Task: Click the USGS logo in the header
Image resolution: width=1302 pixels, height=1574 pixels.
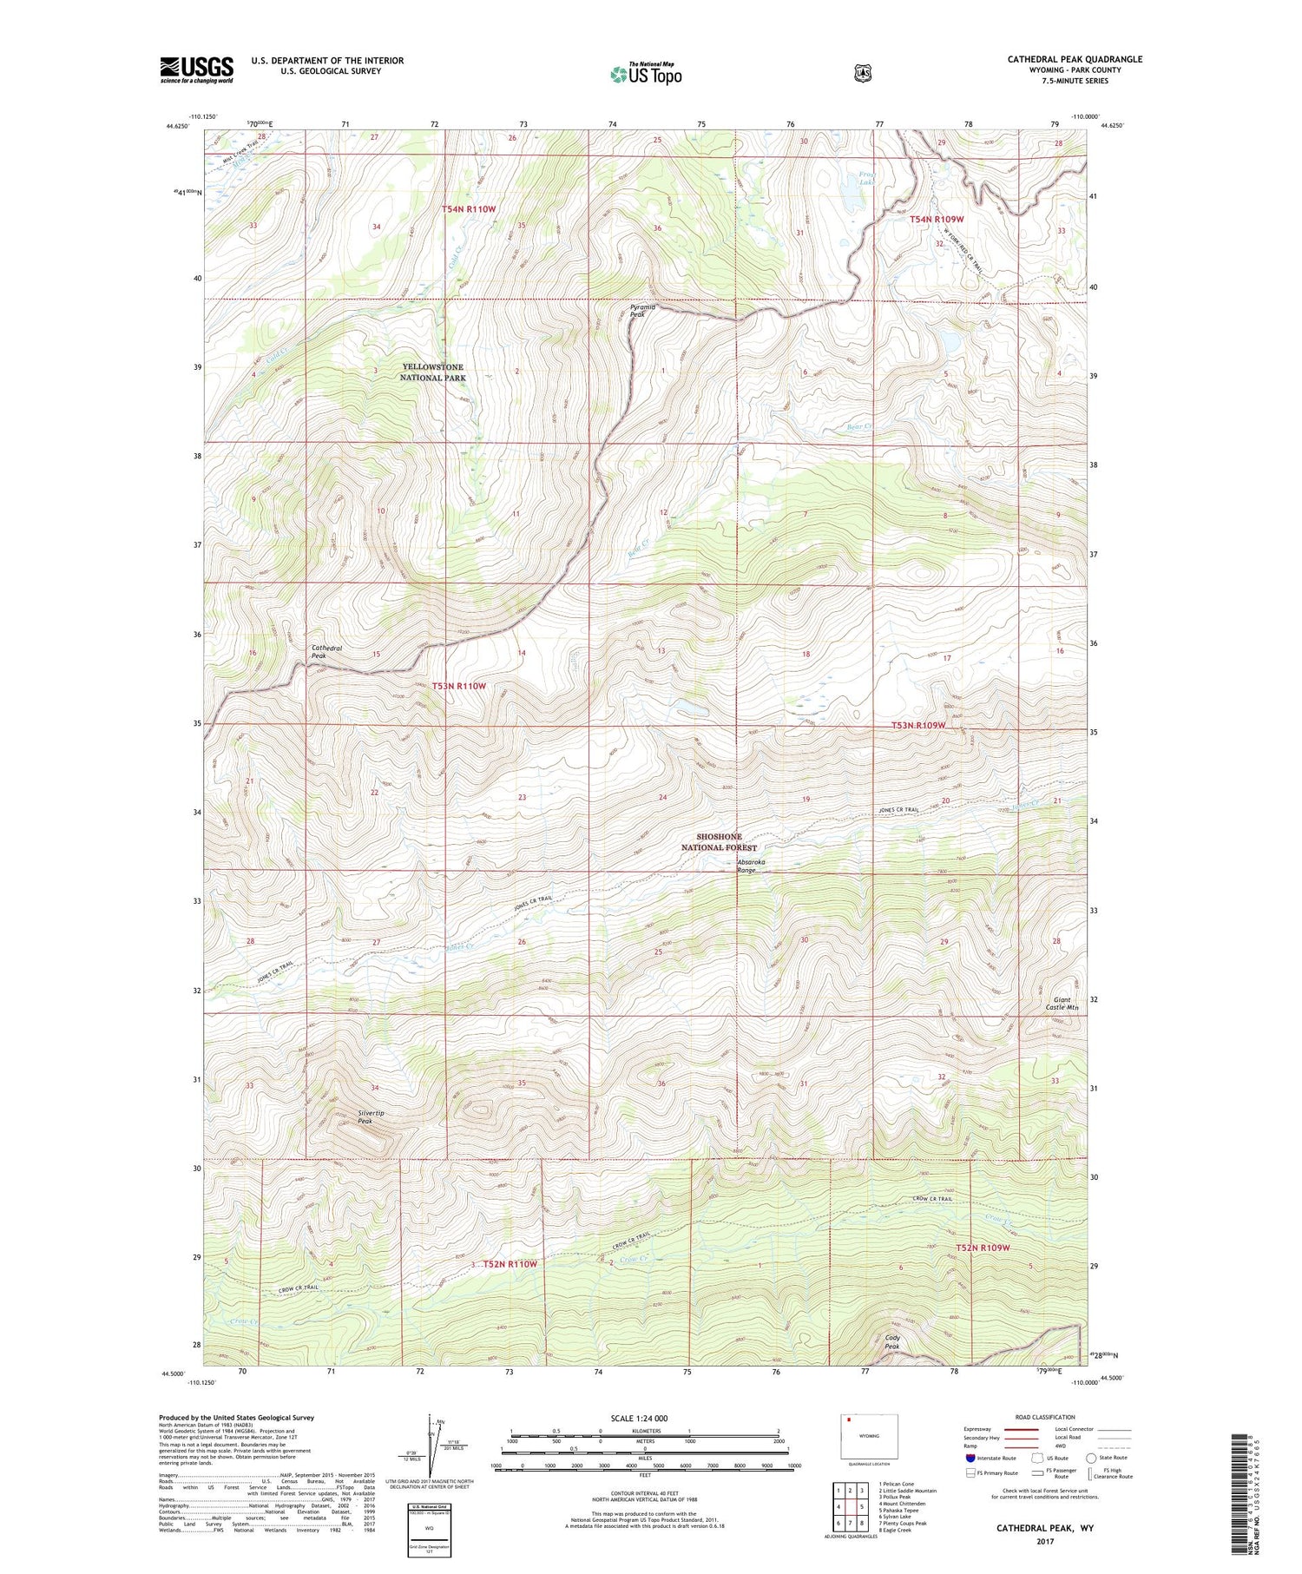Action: [196, 69]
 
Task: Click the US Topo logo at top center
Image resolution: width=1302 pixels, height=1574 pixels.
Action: [646, 74]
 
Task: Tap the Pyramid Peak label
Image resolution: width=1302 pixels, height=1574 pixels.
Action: [643, 311]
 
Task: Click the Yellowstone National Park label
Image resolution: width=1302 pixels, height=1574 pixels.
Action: [432, 372]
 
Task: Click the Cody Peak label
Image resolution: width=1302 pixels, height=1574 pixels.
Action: [892, 1342]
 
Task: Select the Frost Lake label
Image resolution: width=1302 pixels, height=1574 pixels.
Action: [867, 179]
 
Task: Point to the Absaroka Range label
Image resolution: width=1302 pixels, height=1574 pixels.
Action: [752, 866]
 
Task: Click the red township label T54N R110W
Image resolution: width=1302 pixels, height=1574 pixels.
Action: [468, 209]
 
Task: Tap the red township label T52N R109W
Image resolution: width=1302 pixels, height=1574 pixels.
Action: [983, 1248]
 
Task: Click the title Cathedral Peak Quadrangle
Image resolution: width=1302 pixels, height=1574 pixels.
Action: [1075, 59]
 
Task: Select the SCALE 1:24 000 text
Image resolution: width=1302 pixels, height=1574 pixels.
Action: [639, 1419]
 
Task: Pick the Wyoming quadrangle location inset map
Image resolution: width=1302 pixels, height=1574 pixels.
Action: [869, 1437]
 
